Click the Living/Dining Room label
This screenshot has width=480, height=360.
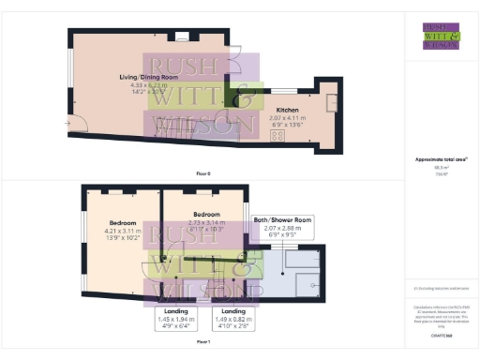point(142,77)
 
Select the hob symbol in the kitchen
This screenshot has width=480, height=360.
point(278,135)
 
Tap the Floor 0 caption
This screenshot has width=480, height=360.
point(203,174)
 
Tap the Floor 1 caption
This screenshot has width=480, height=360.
point(203,343)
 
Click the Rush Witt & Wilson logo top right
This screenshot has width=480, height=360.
point(442,36)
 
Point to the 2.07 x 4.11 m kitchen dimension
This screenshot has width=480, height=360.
point(288,118)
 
